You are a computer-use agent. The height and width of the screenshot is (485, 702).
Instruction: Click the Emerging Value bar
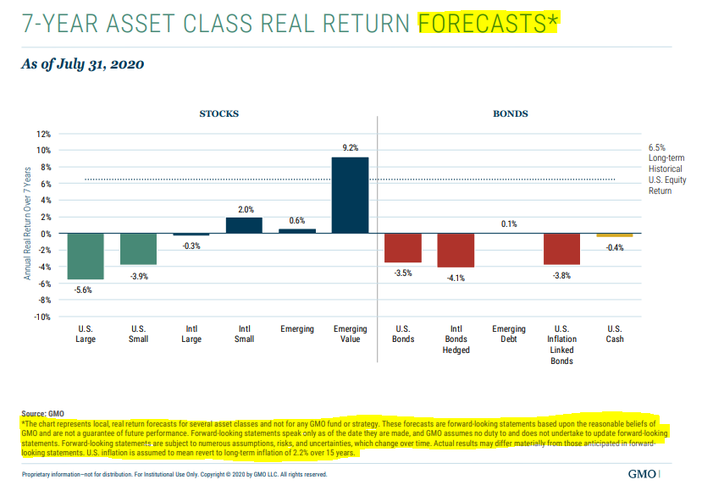350,195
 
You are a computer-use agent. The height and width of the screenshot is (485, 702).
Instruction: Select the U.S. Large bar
86,256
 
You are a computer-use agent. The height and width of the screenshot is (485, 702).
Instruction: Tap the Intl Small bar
244,225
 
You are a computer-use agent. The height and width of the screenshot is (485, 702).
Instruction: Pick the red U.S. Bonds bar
402,248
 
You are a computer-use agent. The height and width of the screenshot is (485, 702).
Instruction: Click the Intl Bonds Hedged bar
456,251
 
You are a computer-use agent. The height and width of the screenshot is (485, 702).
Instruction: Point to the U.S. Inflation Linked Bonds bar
561,249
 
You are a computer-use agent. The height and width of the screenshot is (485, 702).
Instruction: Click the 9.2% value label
351,148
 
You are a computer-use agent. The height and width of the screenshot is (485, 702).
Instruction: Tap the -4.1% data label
456,277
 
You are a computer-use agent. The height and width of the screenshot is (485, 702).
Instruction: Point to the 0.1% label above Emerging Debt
509,224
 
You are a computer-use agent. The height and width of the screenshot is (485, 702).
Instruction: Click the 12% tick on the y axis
43,134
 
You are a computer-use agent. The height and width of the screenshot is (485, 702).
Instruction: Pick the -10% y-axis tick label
41,317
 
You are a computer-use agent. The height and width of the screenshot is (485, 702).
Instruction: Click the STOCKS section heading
218,113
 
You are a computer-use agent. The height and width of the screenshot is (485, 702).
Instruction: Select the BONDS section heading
511,113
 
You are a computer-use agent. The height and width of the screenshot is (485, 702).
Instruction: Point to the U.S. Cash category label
614,334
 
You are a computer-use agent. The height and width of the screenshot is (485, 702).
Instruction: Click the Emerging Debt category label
509,334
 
